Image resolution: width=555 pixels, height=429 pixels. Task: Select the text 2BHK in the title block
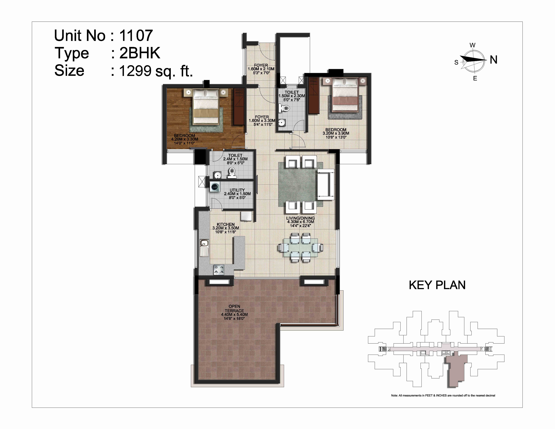140,53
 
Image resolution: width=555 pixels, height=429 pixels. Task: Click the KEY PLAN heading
437,285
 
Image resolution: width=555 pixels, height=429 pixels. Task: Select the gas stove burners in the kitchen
219,270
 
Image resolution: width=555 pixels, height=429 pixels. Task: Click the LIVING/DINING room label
300,218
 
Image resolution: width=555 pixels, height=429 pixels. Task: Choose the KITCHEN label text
226,224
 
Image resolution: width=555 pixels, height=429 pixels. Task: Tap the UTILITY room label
237,190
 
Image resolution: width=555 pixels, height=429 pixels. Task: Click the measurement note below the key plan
443,395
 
